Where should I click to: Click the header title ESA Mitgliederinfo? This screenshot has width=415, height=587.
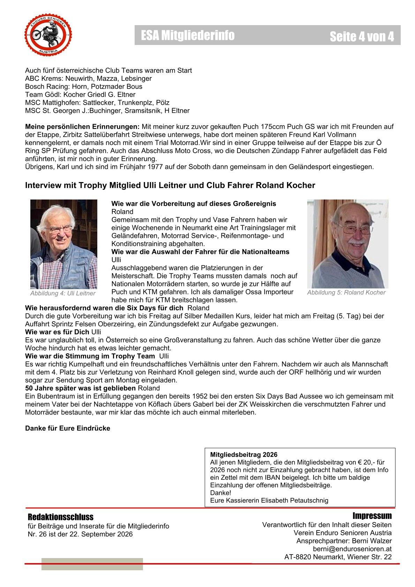click(x=188, y=35)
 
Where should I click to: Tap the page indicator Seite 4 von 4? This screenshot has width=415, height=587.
click(x=362, y=36)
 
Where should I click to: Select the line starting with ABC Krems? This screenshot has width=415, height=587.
click(x=88, y=78)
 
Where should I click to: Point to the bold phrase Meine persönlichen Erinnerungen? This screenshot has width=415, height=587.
click(x=82, y=127)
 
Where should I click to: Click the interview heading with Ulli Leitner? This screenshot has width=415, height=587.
click(x=170, y=186)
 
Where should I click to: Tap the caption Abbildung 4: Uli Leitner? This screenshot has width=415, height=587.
click(x=63, y=293)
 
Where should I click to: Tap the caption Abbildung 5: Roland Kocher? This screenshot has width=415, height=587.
click(x=346, y=293)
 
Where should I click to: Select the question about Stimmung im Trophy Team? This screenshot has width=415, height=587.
click(x=90, y=356)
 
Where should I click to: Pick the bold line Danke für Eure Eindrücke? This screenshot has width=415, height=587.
click(x=67, y=428)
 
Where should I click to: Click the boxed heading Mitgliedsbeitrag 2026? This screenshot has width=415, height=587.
click(x=244, y=455)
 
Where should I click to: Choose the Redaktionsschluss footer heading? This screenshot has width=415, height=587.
click(x=61, y=517)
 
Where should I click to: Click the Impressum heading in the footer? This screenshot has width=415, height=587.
click(x=372, y=516)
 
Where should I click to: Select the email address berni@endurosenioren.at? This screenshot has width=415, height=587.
click(x=352, y=549)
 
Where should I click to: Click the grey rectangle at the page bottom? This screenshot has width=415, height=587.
click(x=92, y=564)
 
